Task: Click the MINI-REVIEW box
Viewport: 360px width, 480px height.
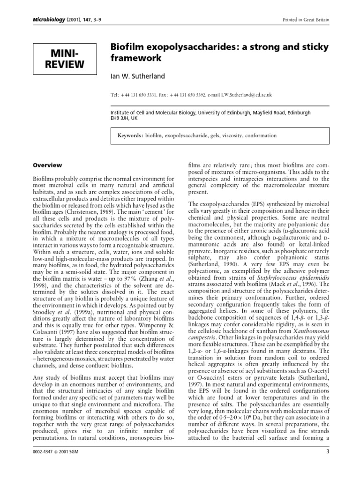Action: [65, 58]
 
